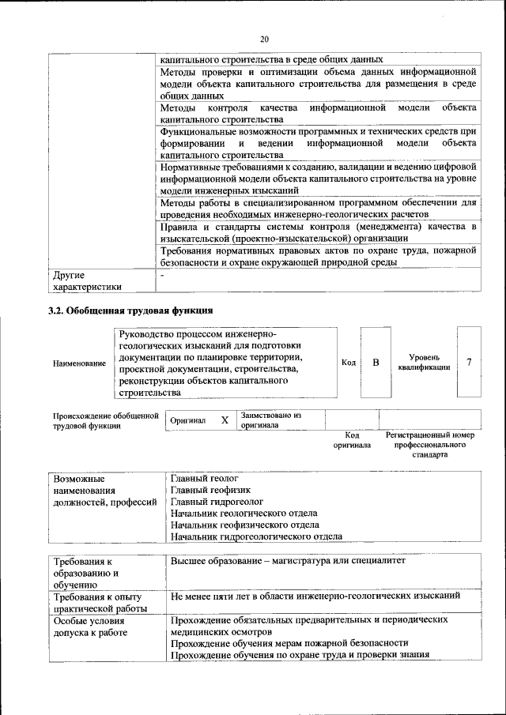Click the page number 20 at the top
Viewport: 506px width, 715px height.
pos(264,38)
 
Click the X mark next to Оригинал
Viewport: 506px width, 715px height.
pos(225,420)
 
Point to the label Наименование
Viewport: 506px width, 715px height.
pos(80,363)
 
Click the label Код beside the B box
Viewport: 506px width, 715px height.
pos(348,363)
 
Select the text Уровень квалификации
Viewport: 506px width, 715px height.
pos(425,362)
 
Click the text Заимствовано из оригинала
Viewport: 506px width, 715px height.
pos(271,420)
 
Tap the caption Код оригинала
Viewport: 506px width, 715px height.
pos(352,440)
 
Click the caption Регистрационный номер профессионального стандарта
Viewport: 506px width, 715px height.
pos(429,445)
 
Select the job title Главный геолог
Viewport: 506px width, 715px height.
pos(204,479)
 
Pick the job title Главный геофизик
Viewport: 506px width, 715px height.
pos(206,490)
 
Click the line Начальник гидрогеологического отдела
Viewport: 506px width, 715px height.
pos(256,536)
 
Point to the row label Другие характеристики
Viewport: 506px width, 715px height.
pos(87,281)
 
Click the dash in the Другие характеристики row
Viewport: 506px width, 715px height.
pos(162,276)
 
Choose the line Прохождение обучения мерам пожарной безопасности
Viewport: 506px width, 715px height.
pos(289,643)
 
